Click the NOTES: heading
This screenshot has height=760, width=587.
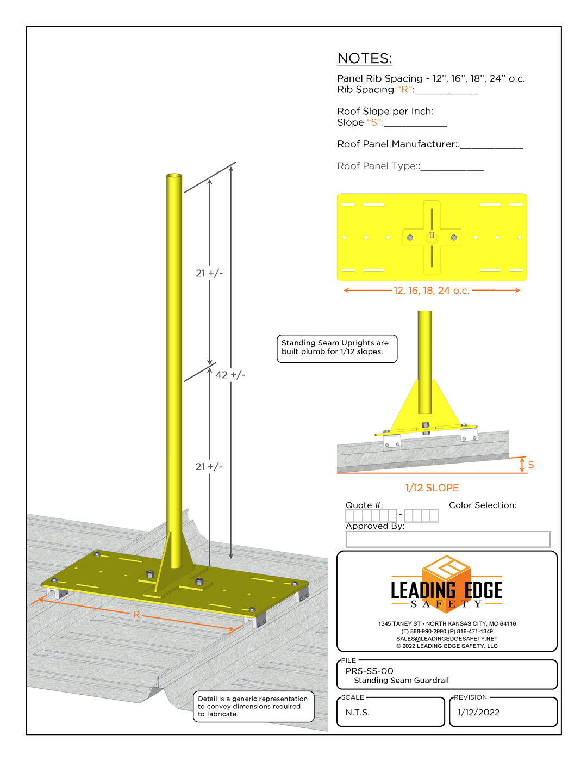pyautogui.click(x=364, y=59)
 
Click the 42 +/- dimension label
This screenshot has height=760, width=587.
pyautogui.click(x=230, y=375)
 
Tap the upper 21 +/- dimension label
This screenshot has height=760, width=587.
pyautogui.click(x=209, y=273)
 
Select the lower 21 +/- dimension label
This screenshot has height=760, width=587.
pyautogui.click(x=209, y=467)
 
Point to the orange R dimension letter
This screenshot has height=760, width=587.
pyautogui.click(x=136, y=614)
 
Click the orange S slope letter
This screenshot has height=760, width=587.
pyautogui.click(x=531, y=465)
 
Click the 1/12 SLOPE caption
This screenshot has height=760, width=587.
pyautogui.click(x=432, y=488)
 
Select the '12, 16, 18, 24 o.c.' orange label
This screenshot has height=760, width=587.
pyautogui.click(x=431, y=291)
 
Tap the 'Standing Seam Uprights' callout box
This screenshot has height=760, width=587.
pyautogui.click(x=336, y=348)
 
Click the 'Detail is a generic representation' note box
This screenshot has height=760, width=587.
pyautogui.click(x=253, y=706)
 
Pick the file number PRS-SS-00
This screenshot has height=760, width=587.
pyautogui.click(x=370, y=671)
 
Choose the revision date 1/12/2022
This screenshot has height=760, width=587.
pyautogui.click(x=478, y=712)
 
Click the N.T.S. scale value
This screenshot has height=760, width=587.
pyautogui.click(x=358, y=712)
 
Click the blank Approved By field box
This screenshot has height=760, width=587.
pyautogui.click(x=448, y=539)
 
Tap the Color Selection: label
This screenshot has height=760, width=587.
pyautogui.click(x=482, y=505)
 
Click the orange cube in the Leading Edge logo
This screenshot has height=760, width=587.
pyautogui.click(x=446, y=574)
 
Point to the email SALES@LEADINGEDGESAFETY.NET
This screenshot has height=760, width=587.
pyautogui.click(x=447, y=639)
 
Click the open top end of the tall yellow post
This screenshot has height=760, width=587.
pyautogui.click(x=174, y=176)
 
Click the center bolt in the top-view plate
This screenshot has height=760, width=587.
pyautogui.click(x=432, y=236)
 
